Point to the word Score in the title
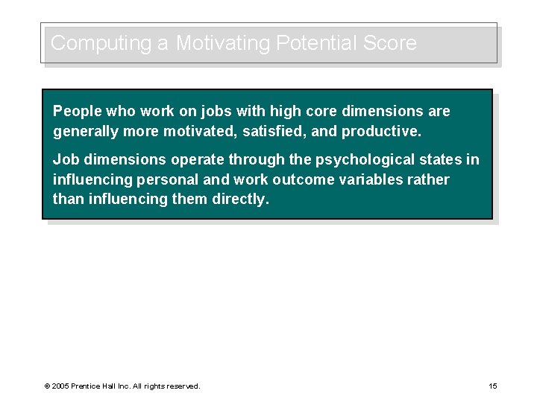(x=389, y=43)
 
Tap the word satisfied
(x=274, y=133)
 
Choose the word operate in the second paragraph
(x=198, y=160)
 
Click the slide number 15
(x=492, y=386)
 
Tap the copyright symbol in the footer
(x=47, y=386)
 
